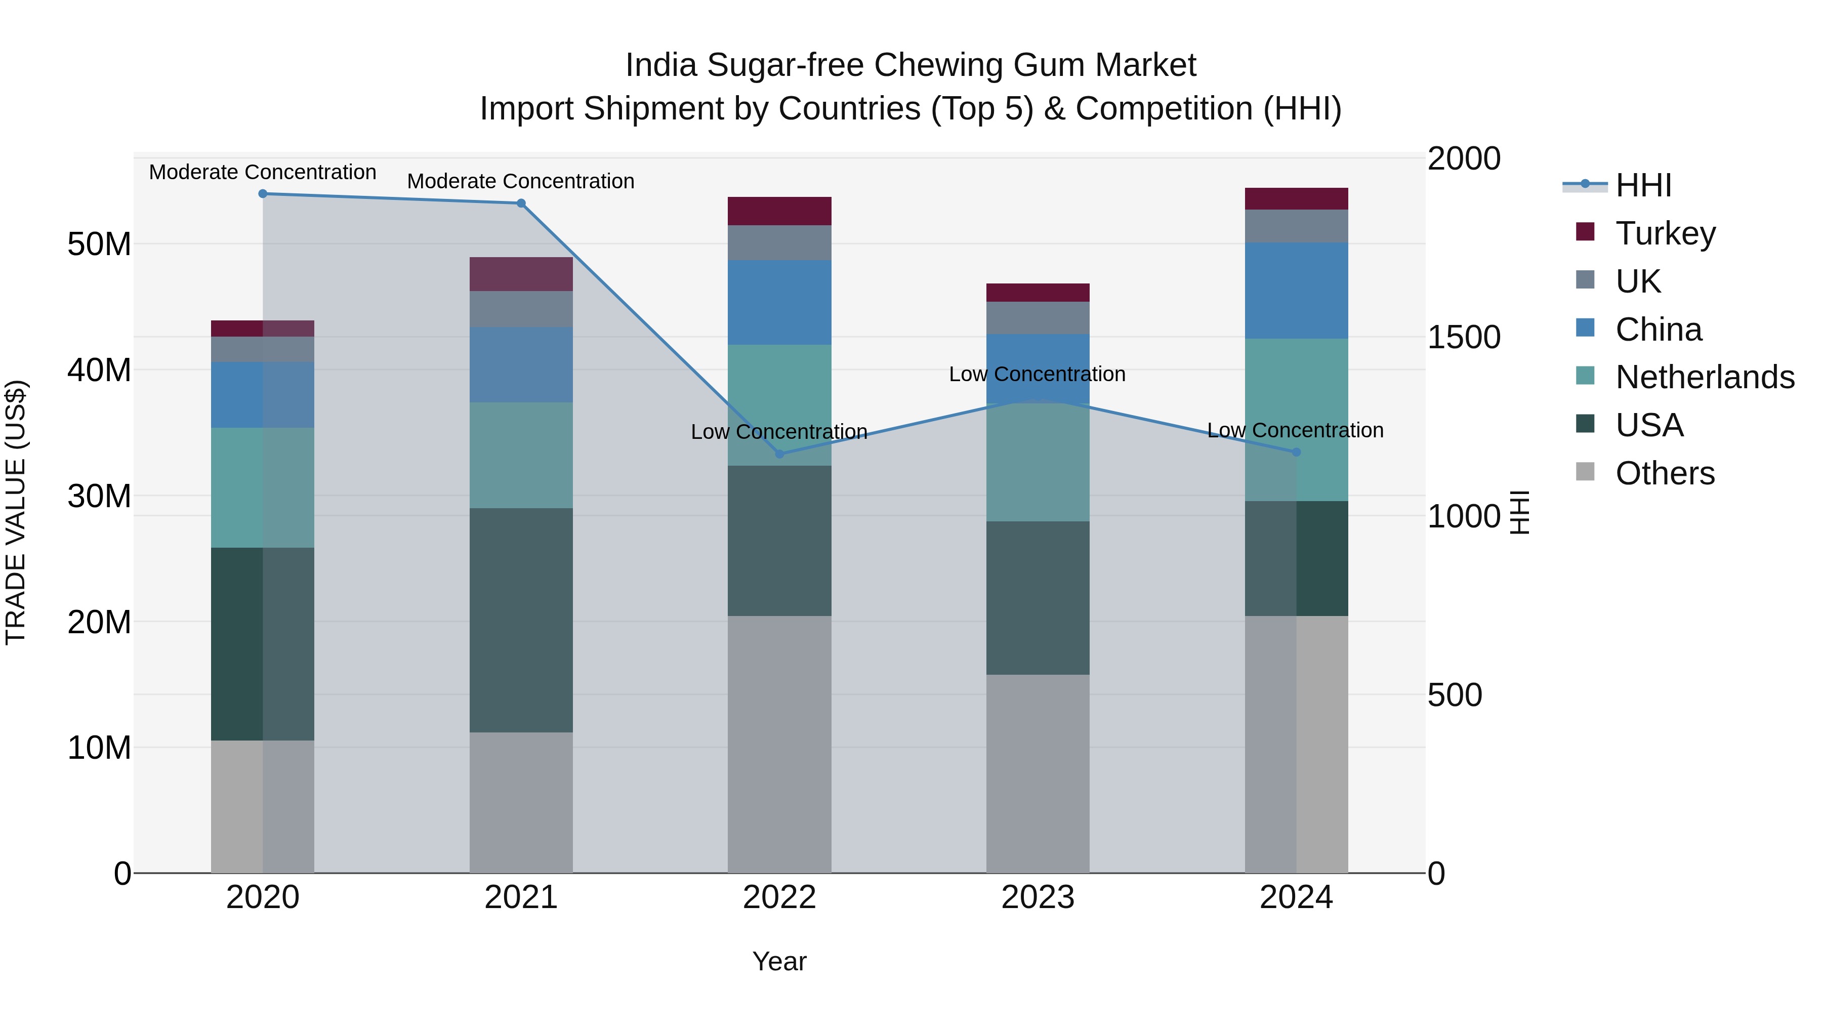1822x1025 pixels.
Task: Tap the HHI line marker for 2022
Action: tap(779, 454)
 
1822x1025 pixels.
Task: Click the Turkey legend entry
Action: tap(1665, 233)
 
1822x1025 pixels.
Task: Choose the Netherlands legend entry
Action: tap(1704, 377)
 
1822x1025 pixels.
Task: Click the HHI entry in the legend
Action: tap(1643, 185)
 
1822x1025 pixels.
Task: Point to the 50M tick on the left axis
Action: tap(99, 245)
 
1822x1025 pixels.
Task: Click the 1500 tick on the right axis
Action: tap(1463, 338)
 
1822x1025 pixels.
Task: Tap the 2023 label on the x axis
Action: tap(1038, 897)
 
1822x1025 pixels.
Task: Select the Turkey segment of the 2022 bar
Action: tap(779, 211)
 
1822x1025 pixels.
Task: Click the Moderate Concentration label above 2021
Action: tap(521, 181)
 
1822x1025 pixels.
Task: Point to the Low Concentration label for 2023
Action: tap(1037, 374)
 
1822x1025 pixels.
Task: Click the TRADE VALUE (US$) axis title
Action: tap(16, 512)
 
